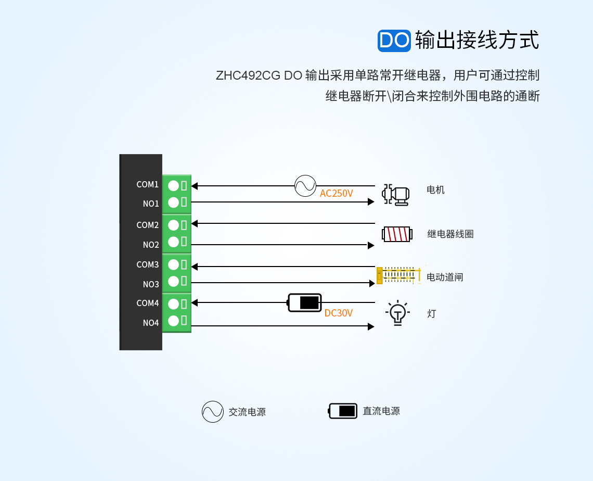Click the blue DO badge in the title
click(394, 40)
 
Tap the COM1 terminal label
click(147, 185)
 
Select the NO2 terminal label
click(151, 245)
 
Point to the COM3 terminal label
click(147, 265)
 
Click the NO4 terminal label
click(151, 323)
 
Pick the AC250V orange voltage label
click(336, 194)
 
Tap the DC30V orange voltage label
click(338, 313)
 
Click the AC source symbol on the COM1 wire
click(305, 186)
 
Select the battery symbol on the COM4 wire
click(305, 302)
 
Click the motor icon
click(395, 195)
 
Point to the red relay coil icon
click(397, 234)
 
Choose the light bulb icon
click(397, 313)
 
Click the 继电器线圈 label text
click(450, 234)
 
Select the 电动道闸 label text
click(445, 277)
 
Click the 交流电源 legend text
click(247, 412)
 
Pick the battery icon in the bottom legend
click(343, 411)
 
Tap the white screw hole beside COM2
click(173, 225)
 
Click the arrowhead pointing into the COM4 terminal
click(195, 302)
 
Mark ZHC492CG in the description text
click(248, 75)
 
